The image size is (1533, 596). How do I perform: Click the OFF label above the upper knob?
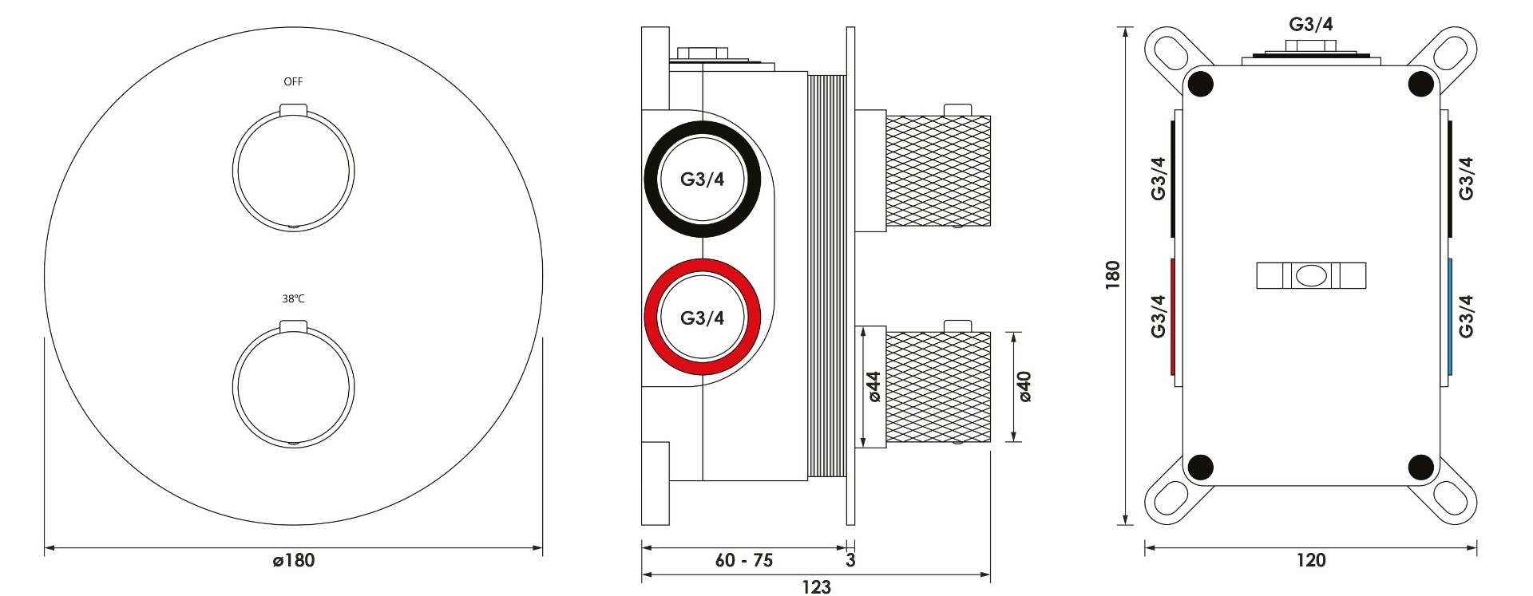[293, 81]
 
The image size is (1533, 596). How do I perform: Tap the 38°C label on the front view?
[293, 299]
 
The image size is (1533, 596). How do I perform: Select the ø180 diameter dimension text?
[294, 561]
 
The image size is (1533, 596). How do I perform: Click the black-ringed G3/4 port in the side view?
[703, 179]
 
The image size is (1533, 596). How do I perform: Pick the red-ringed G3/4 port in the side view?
[703, 317]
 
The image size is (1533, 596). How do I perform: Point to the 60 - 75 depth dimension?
[744, 561]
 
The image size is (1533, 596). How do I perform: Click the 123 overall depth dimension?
[816, 587]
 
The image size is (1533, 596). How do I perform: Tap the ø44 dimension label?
[873, 386]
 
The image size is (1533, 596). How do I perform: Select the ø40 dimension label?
[1024, 386]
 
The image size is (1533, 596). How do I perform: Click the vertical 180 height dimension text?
[1112, 274]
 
